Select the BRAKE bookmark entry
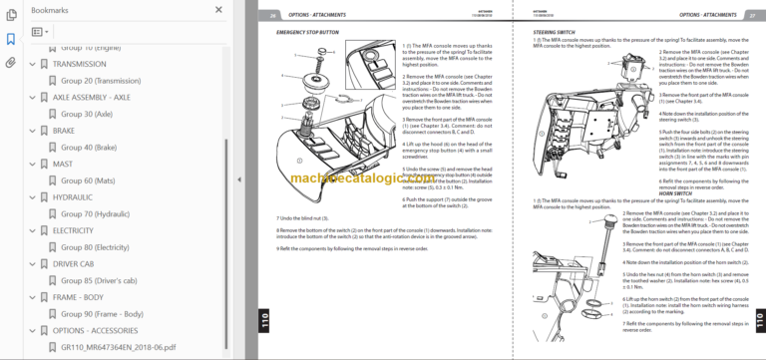point(64,131)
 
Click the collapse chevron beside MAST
point(32,165)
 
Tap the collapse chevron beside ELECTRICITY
point(32,230)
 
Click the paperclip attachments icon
point(11,62)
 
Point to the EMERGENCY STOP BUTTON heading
point(310,33)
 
